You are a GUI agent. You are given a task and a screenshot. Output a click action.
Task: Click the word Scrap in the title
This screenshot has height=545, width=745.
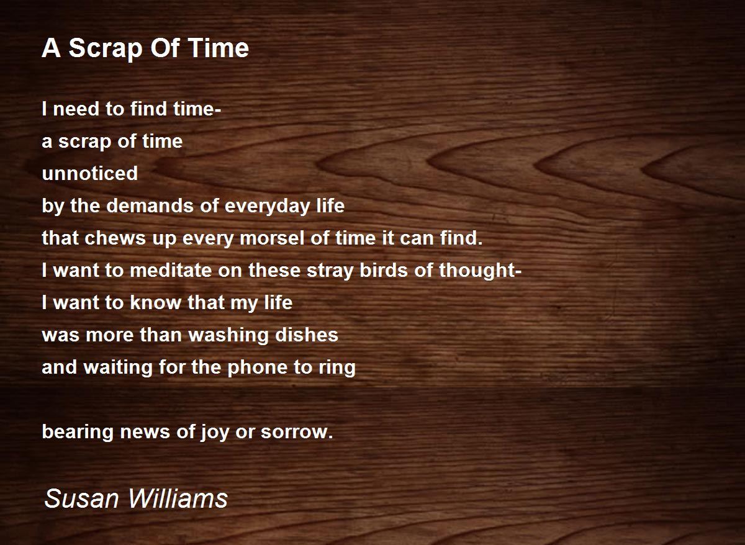(x=106, y=49)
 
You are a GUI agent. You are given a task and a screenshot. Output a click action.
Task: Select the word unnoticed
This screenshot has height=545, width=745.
(x=90, y=173)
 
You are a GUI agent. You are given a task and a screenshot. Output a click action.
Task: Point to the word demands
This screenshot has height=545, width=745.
(x=150, y=205)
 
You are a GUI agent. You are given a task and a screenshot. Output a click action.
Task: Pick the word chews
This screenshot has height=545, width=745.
(x=115, y=238)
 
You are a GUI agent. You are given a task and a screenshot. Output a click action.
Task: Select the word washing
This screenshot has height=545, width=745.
(x=228, y=336)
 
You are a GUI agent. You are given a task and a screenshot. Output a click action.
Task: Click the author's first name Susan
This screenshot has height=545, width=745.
(x=81, y=498)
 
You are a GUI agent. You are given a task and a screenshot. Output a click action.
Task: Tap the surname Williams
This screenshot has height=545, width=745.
(x=178, y=498)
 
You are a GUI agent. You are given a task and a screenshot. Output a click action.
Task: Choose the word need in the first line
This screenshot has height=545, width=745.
(x=76, y=109)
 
